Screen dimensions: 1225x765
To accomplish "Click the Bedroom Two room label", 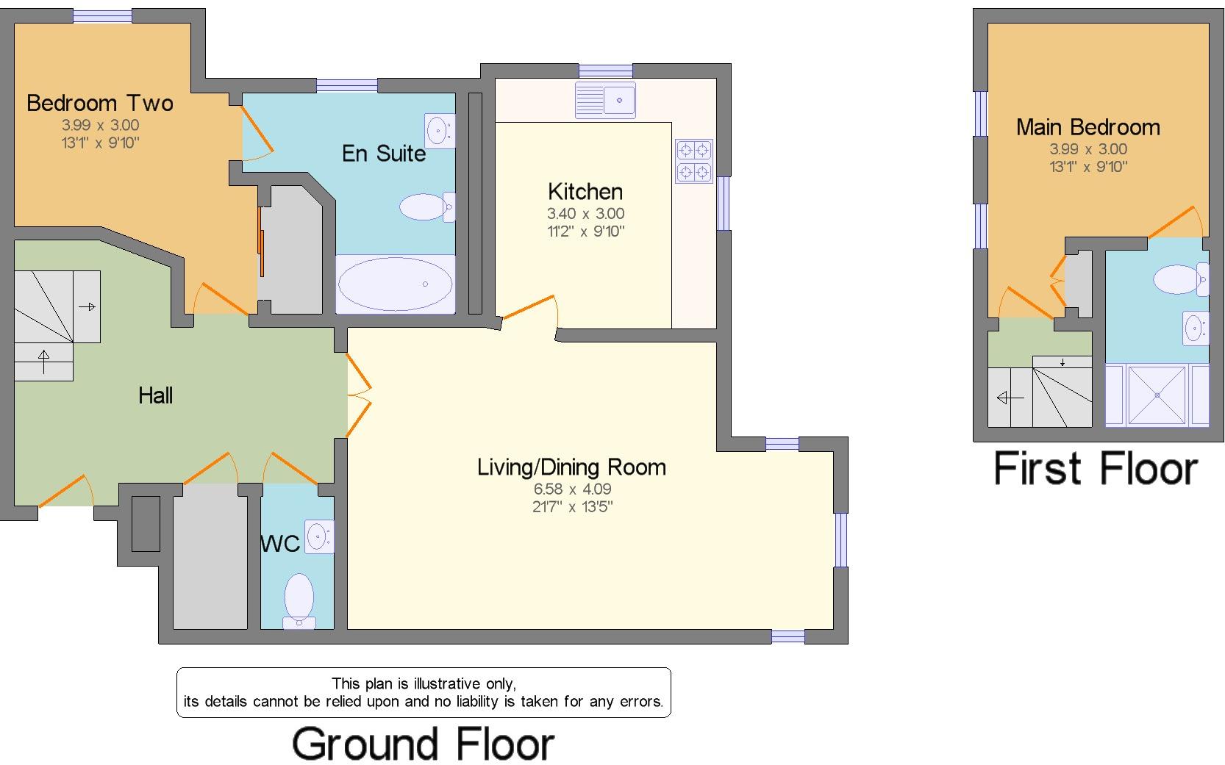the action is point(100,104).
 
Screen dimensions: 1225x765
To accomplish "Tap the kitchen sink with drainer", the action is point(605,100).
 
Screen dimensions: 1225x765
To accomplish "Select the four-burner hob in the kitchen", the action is point(694,160).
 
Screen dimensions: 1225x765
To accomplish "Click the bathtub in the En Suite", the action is point(395,284).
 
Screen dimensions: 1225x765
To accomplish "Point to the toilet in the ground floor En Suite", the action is point(427,207).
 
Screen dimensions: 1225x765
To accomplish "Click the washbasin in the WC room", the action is point(319,536).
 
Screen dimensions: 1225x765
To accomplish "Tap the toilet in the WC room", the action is point(299,600).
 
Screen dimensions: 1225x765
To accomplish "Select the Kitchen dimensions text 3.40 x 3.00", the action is point(586,214).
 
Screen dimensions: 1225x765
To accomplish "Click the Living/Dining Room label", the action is point(571,467).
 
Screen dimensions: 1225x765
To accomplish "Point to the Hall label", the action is point(155,395).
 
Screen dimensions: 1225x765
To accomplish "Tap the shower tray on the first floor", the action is point(1157,395).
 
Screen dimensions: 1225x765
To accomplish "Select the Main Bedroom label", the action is point(1087,127).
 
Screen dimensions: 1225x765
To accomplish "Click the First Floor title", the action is point(1096,469).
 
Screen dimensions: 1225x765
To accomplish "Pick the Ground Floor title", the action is point(424,744).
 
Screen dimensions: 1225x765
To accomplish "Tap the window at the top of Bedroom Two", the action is point(102,16).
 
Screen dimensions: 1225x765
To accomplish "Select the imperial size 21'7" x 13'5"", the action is point(572,506).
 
